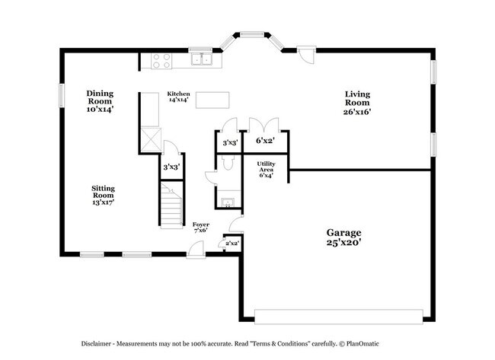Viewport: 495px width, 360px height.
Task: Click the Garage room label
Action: pos(343,237)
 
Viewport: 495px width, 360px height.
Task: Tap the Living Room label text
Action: pos(356,103)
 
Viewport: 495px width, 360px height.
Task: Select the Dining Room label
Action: pos(99,100)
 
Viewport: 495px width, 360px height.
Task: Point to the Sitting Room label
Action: pos(103,195)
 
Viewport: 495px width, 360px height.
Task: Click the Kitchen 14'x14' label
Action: pos(178,97)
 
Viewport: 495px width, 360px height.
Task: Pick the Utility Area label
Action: pos(265,170)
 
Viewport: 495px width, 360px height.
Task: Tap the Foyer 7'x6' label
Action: pos(201,228)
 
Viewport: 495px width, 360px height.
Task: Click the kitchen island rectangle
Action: pos(211,100)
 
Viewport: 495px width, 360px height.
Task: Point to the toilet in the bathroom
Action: pos(212,177)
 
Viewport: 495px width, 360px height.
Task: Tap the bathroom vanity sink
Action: pos(227,202)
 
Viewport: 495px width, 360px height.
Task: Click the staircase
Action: pos(172,205)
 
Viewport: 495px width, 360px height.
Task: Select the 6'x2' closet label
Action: pos(264,142)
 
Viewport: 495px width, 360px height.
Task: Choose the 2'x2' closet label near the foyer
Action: pos(232,244)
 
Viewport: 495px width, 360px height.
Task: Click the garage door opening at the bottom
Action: pos(338,316)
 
